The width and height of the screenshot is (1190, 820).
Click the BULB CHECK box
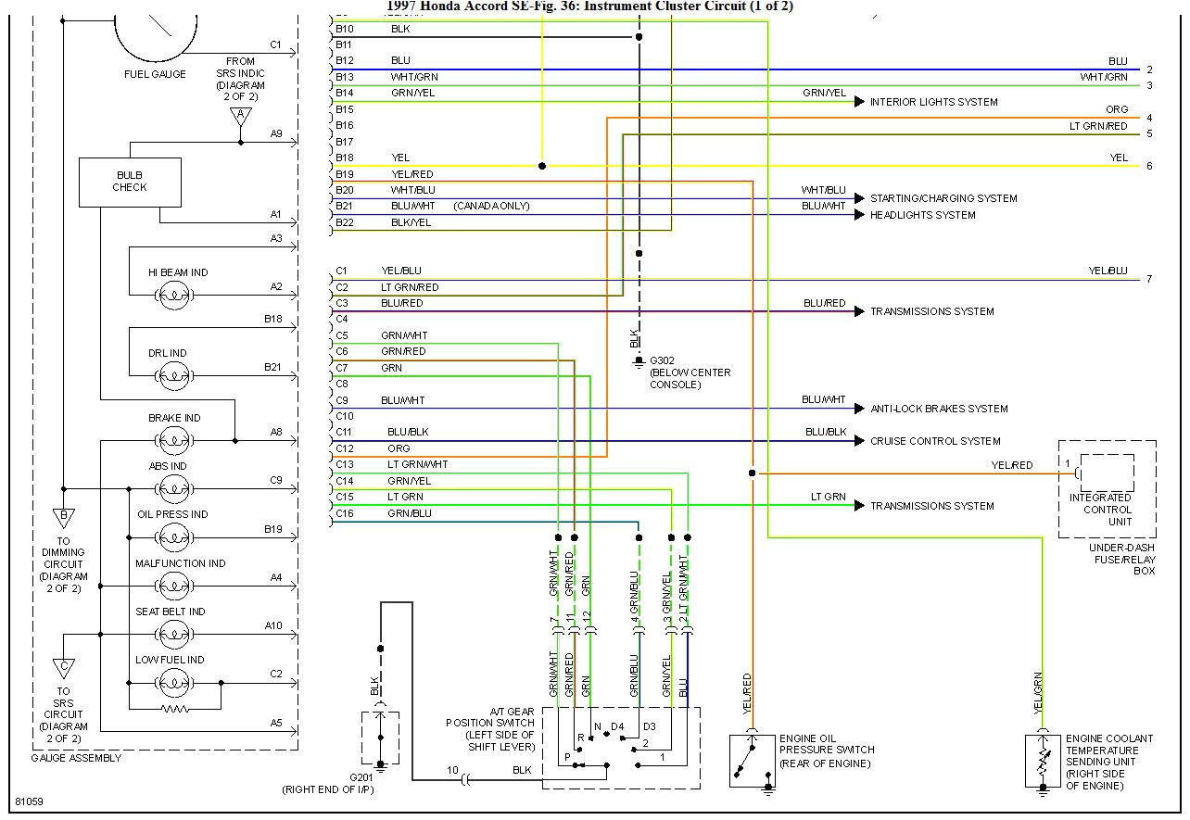click(130, 182)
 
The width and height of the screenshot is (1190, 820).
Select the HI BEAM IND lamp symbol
click(173, 296)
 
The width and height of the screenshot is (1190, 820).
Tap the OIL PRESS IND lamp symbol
click(173, 537)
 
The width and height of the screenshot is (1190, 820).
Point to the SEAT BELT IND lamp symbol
click(173, 635)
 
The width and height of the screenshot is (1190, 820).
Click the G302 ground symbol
click(638, 360)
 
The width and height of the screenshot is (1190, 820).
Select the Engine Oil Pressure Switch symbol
click(752, 761)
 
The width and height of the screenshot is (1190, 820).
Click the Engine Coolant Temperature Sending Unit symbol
click(1043, 761)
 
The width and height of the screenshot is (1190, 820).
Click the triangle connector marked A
click(241, 117)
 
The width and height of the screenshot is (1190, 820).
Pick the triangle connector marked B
click(64, 517)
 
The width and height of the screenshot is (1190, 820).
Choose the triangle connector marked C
click(64, 667)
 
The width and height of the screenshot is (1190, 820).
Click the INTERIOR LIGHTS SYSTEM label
click(933, 102)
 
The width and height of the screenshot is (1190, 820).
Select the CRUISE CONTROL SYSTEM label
click(935, 441)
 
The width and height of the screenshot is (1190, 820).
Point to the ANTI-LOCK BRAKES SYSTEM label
click(939, 409)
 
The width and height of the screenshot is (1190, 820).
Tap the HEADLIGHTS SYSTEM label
click(922, 215)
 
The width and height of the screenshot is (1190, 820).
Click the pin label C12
click(344, 448)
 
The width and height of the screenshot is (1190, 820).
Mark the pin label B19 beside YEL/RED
click(344, 174)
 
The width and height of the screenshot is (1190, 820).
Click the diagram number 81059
click(29, 800)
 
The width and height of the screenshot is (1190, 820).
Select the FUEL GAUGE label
click(155, 74)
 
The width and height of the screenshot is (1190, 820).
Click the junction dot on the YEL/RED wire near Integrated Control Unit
click(752, 473)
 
